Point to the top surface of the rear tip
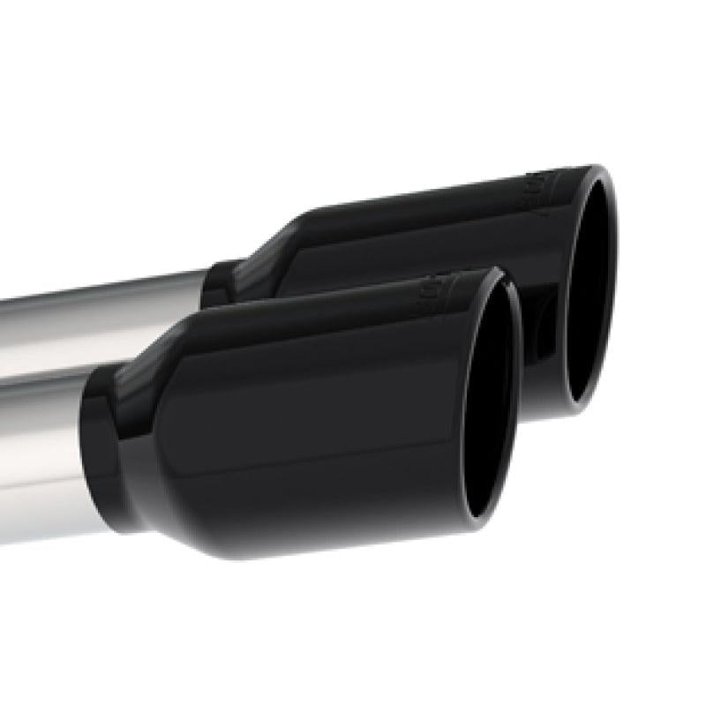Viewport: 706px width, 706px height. (x=424, y=199)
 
